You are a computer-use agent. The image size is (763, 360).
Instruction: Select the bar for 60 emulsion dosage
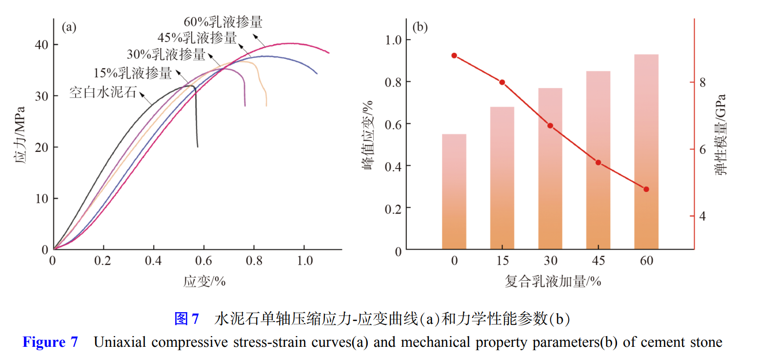[x=646, y=152]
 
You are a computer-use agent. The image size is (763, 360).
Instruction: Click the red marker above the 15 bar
[x=502, y=82]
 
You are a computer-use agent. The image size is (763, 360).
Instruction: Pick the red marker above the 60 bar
[x=646, y=189]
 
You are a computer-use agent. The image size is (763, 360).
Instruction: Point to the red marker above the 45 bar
[x=598, y=162]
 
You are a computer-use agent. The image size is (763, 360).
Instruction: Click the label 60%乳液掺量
[x=223, y=22]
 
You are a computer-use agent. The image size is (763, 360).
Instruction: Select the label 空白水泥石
[x=102, y=92]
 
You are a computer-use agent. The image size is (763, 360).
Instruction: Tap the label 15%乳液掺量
[x=133, y=74]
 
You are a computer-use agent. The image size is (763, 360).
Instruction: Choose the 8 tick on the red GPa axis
[x=703, y=82]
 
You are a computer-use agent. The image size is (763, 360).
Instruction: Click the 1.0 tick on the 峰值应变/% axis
[x=394, y=40]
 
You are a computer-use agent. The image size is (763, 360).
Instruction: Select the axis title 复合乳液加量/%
[x=551, y=282]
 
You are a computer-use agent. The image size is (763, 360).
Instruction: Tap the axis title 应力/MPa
[x=20, y=134]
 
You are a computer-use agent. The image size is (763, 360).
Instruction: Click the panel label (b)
[x=420, y=27]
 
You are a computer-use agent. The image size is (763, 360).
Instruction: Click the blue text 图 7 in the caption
[x=186, y=319]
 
